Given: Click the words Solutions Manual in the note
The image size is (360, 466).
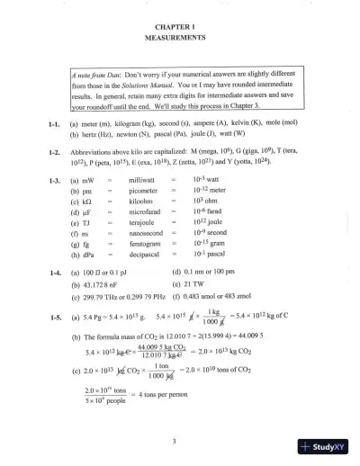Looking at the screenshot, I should [x=142, y=83].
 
